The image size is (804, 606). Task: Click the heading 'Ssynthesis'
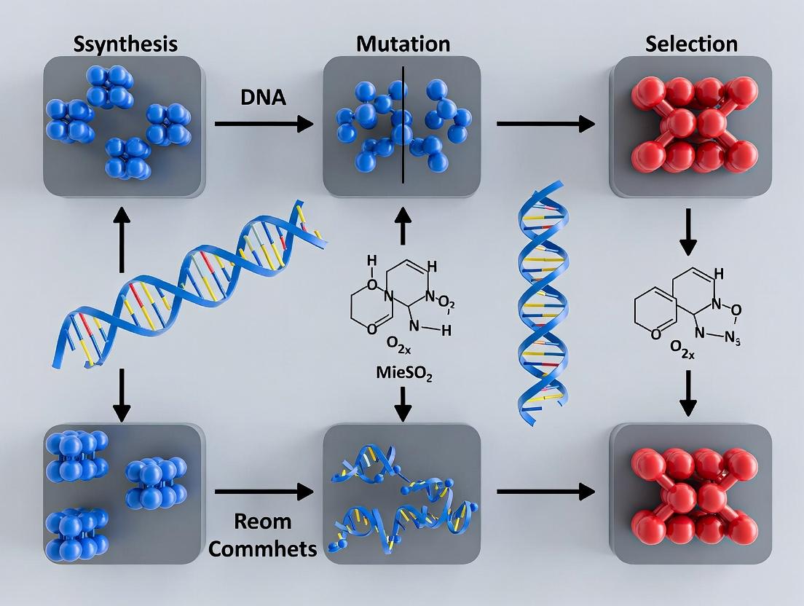click(x=125, y=44)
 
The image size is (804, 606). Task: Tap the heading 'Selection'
click(x=690, y=44)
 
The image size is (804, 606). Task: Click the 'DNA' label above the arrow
click(x=262, y=98)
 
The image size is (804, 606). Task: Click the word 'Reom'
click(x=263, y=522)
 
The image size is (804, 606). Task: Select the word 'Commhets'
click(x=263, y=548)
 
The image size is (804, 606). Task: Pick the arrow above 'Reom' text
click(x=264, y=492)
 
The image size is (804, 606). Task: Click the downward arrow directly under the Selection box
click(x=687, y=233)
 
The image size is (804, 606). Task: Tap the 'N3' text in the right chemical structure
click(x=731, y=340)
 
